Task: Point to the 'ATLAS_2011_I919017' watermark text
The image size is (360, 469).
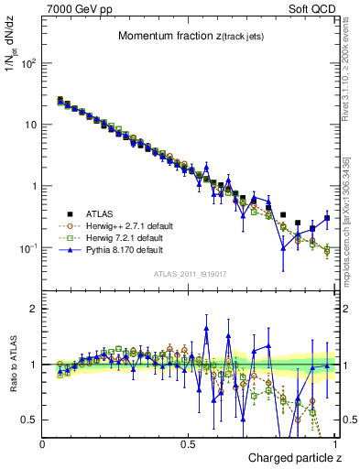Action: click(190, 275)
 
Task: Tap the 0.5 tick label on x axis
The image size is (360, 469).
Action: click(188, 443)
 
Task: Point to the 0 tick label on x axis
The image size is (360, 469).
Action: click(43, 443)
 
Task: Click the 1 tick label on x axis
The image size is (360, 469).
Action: click(335, 443)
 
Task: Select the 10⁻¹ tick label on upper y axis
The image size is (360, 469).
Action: click(28, 248)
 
